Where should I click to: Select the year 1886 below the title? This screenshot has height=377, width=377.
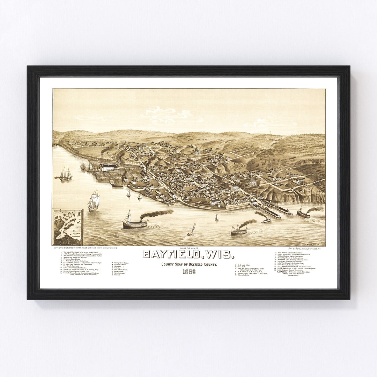click(189, 272)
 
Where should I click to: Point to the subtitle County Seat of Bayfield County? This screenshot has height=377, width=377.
click(189, 265)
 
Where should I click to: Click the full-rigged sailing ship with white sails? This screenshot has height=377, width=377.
click(94, 201)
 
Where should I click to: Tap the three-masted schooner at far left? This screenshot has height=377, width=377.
click(65, 173)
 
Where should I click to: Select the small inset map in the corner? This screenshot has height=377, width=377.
click(68, 227)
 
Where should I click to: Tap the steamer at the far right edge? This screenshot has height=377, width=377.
click(303, 213)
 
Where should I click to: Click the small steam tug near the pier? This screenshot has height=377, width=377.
click(266, 220)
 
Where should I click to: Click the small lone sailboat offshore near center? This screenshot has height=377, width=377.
click(217, 217)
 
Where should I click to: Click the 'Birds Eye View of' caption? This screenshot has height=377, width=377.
click(189, 248)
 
